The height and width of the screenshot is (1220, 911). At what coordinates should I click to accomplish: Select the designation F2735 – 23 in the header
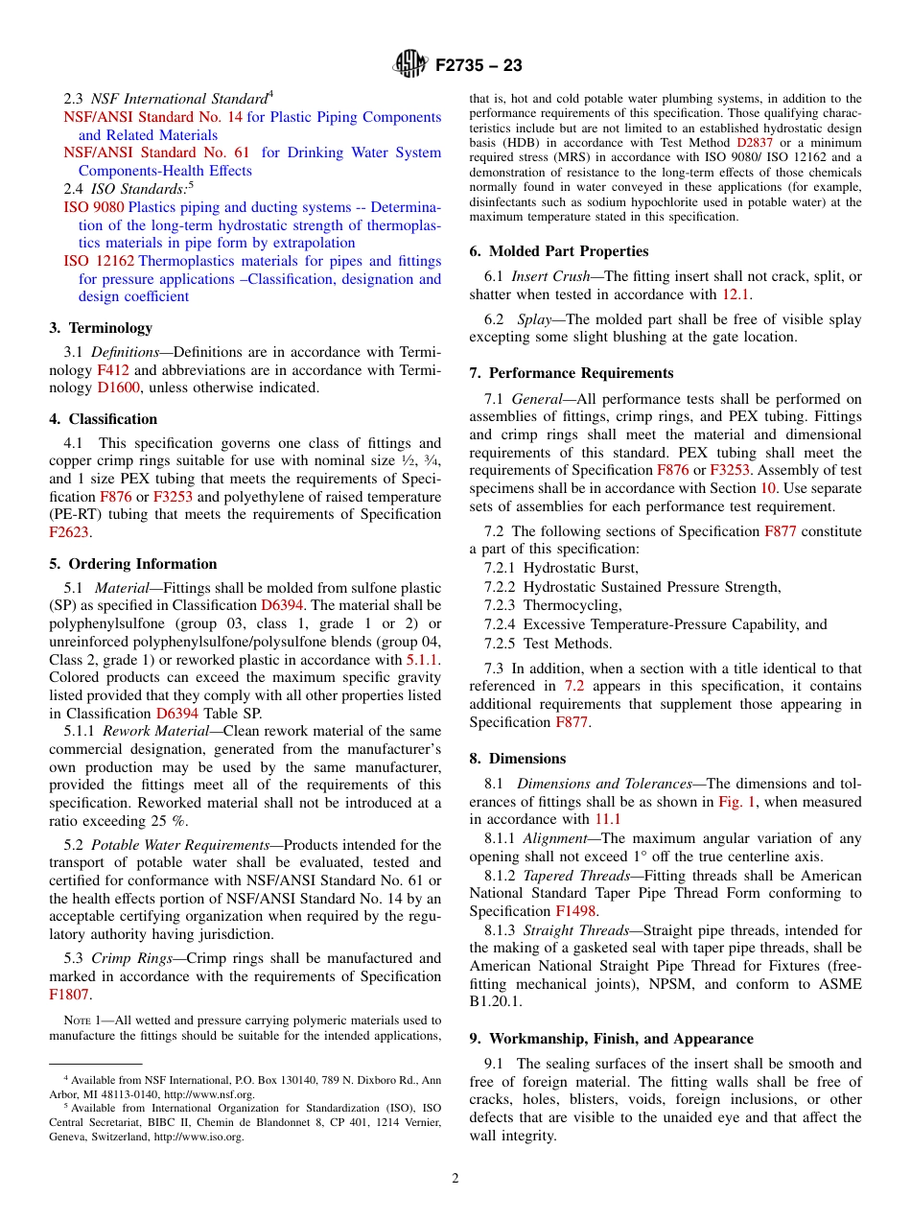click(479, 66)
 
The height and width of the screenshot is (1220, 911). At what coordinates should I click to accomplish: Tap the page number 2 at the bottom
click(455, 1178)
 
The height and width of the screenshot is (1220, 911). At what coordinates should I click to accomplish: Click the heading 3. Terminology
click(101, 327)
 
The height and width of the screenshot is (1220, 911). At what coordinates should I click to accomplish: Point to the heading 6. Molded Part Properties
click(559, 251)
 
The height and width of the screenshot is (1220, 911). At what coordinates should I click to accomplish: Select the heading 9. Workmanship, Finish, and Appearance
click(612, 1039)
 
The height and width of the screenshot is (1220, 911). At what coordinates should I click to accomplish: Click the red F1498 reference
click(575, 911)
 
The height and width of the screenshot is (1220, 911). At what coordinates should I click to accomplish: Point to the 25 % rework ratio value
click(172, 821)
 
